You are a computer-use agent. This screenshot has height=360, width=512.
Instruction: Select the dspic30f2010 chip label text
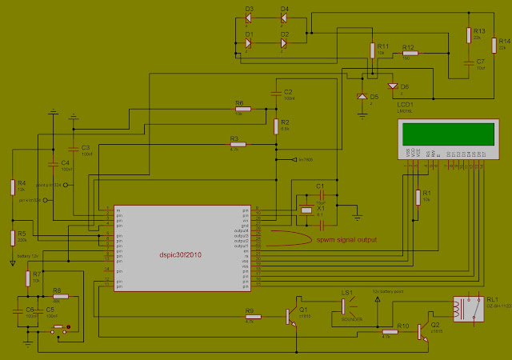pos(180,255)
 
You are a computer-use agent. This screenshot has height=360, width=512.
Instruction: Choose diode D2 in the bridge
pos(283,42)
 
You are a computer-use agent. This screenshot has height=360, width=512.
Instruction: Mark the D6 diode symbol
pos(393,86)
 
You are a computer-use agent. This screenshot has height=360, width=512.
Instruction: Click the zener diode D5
pos(362,97)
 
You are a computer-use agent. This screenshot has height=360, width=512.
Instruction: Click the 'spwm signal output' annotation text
pos(346,238)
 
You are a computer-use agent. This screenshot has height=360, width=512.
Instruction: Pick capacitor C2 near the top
pos(275,93)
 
